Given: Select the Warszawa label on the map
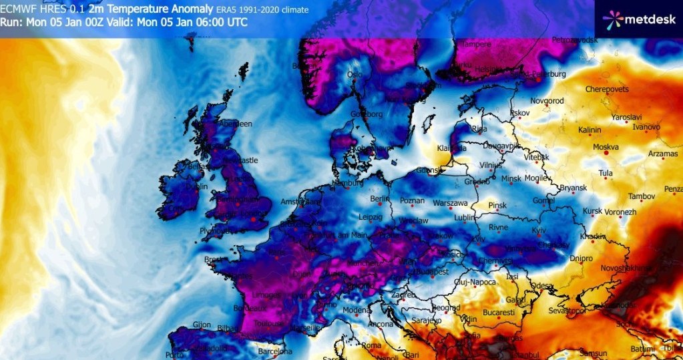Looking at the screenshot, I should (449, 202).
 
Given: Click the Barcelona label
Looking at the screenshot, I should (275, 351).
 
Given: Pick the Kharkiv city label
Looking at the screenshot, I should (592, 236).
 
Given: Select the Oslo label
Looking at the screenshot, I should (355, 75).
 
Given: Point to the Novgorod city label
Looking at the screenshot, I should (547, 101).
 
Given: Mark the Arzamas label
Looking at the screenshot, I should (663, 154).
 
